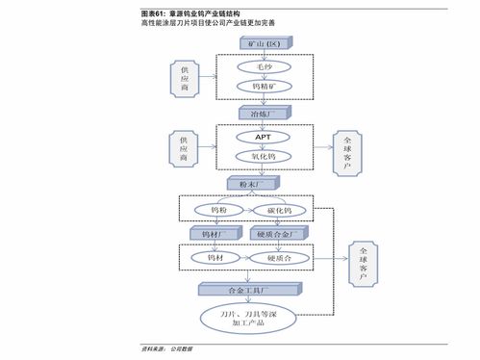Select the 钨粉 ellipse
(x=218, y=209)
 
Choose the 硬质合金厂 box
(x=280, y=233)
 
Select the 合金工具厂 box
(x=249, y=288)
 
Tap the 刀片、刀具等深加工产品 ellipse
(x=249, y=319)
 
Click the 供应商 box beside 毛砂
(x=183, y=78)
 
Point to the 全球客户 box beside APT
(x=346, y=154)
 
